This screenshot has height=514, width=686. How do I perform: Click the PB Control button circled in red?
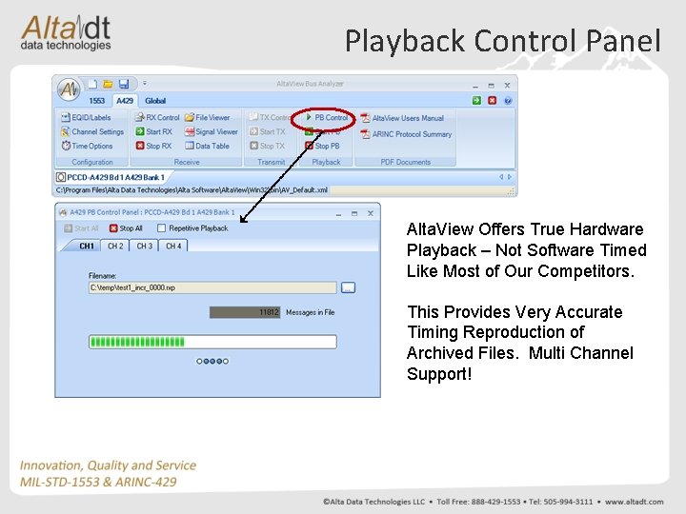coord(326,118)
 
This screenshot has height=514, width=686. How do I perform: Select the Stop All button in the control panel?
coord(127,228)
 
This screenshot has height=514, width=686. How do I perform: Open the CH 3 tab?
coord(145,247)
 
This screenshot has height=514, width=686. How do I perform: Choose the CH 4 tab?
coord(173,247)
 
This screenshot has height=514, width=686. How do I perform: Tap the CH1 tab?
coord(87,247)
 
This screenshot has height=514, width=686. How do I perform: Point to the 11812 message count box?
coord(245,312)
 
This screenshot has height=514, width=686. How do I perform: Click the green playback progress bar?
coord(212,342)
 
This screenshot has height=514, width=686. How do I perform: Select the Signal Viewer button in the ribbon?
coord(212,132)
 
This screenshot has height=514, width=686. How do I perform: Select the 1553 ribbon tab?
coord(97,101)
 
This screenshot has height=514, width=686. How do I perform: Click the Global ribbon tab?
coord(155,101)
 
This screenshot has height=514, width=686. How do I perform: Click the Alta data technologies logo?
coord(67,32)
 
